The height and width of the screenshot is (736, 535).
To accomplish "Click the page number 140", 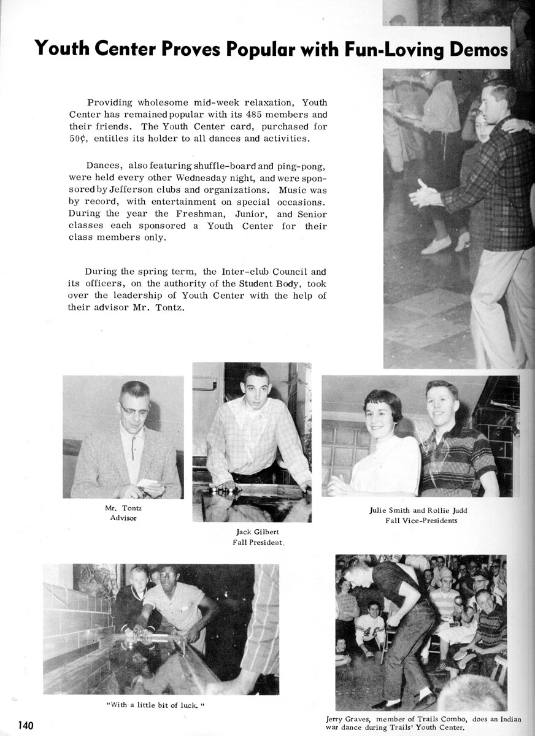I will point(25,725).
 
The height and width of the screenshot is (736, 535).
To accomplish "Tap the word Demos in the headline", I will point(478,48).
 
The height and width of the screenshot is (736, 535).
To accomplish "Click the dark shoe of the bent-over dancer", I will point(386,705).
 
